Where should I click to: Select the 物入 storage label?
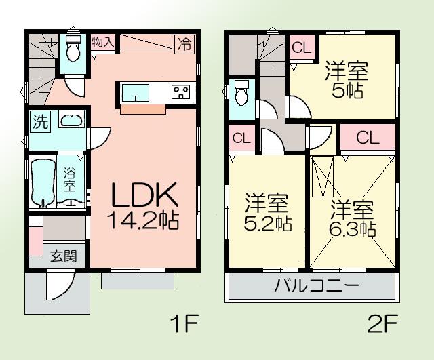click(103, 41)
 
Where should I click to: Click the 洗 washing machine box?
click(41, 123)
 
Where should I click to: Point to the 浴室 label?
click(71, 177)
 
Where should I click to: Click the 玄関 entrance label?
click(64, 256)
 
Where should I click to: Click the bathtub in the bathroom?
click(44, 181)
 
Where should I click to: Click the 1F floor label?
click(184, 325)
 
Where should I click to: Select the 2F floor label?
click(382, 325)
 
